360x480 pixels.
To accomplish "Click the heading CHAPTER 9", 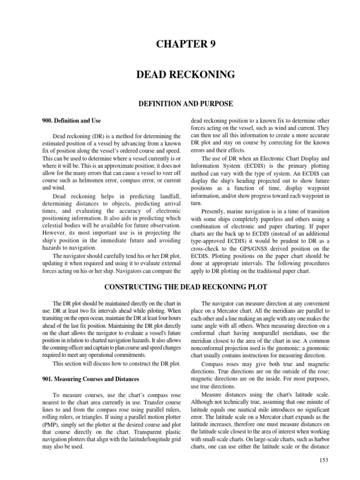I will tap(180, 45).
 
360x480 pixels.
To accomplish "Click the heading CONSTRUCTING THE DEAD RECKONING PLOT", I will tap(180, 286).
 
